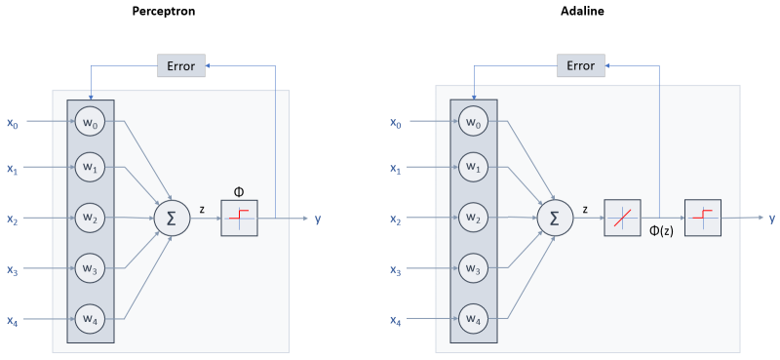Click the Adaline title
pyautogui.click(x=580, y=13)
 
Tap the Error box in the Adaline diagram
pyautogui.click(x=580, y=66)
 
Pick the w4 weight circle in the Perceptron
pyautogui.click(x=90, y=318)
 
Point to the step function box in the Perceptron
pyautogui.click(x=239, y=220)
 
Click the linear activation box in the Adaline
pyautogui.click(x=622, y=220)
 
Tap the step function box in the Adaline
pyautogui.click(x=702, y=220)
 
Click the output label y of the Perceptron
pyautogui.click(x=318, y=220)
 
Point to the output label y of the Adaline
pyautogui.click(x=771, y=220)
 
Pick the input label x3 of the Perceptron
pyautogui.click(x=12, y=270)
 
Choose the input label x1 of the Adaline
pyautogui.click(x=395, y=170)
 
